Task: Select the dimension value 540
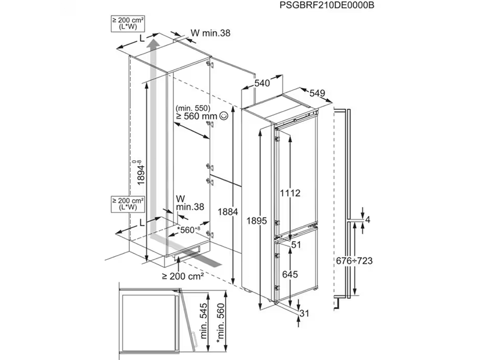pos(262,83)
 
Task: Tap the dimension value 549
pos(317,93)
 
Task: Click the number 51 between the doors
pos(295,245)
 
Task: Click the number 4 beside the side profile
pos(368,220)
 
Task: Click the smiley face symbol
pos(224,115)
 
